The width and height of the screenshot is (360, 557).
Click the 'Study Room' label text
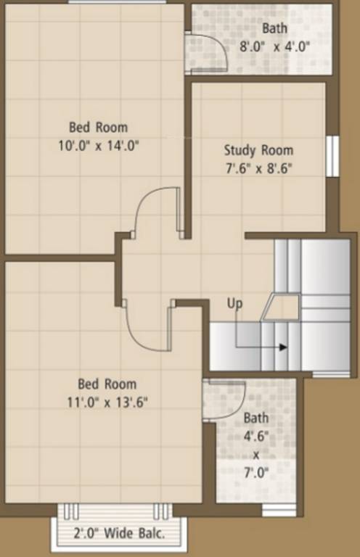(258, 151)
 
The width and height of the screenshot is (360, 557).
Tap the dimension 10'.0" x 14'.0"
(99, 145)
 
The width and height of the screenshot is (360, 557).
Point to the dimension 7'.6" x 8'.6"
(258, 168)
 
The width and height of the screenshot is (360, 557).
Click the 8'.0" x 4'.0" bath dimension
(275, 46)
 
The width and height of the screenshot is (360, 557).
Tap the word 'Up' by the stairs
(234, 302)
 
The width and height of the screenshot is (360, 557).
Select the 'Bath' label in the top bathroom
(275, 29)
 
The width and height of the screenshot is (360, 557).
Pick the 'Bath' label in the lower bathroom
(255, 418)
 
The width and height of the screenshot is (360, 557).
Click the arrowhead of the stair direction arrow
(283, 347)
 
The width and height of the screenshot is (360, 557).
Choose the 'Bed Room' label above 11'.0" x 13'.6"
(107, 384)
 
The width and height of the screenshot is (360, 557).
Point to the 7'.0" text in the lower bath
(255, 473)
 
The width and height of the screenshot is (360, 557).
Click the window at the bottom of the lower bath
(279, 510)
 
